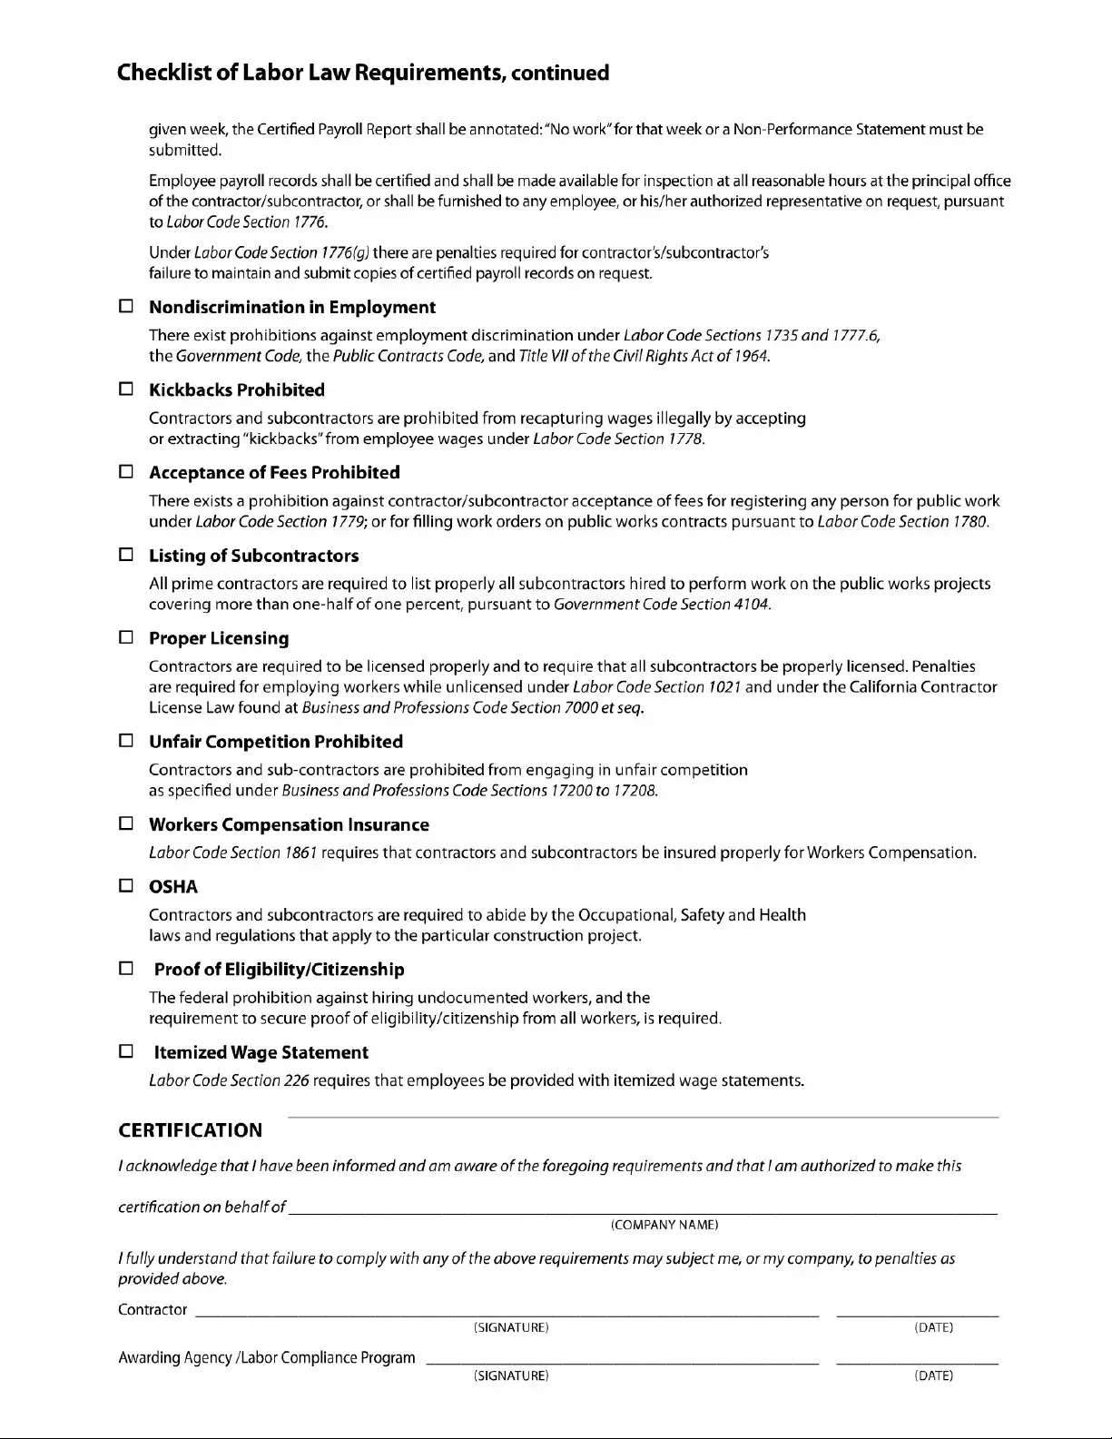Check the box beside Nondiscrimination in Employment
click(x=126, y=307)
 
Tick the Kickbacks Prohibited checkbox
click(x=126, y=389)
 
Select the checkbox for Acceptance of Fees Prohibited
click(x=126, y=472)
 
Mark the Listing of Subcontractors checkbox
click(x=126, y=555)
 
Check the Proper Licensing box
click(x=126, y=637)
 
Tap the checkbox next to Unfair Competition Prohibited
click(x=126, y=741)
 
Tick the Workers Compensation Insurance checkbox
click(x=126, y=824)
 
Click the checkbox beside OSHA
click(x=126, y=886)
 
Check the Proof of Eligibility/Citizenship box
click(x=126, y=969)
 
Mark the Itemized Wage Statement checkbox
click(x=126, y=1051)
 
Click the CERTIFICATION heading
click(x=190, y=1130)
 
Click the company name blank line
click(x=642, y=1207)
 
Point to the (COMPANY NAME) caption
click(x=664, y=1225)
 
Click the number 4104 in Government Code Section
click(x=752, y=605)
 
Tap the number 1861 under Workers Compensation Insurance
click(x=300, y=853)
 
